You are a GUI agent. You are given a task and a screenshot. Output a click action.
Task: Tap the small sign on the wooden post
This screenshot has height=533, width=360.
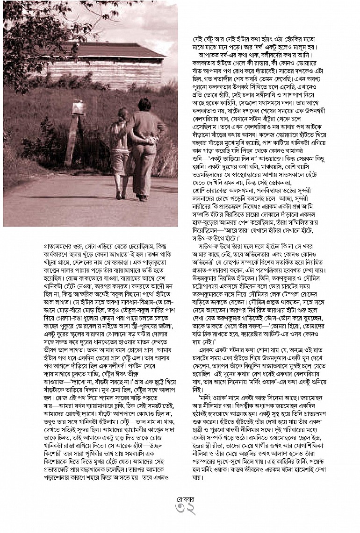pyautogui.click(x=79, y=108)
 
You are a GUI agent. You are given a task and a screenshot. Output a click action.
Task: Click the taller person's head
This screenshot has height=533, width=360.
pyautogui.click(x=141, y=104)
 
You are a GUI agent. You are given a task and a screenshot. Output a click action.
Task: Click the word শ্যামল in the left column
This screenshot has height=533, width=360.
pyautogui.click(x=98, y=398)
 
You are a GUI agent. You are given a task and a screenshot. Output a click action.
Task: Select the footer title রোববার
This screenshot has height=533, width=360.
pyautogui.click(x=180, y=499)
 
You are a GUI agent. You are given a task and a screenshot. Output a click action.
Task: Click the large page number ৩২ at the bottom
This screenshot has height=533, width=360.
pyautogui.click(x=180, y=511)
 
